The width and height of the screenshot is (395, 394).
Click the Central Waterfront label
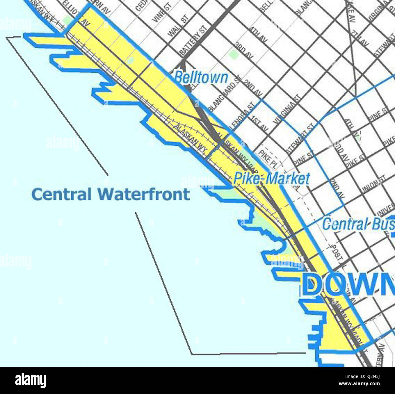(x=111, y=194)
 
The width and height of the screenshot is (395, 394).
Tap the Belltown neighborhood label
(x=201, y=77)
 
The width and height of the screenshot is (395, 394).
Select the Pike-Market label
(x=271, y=178)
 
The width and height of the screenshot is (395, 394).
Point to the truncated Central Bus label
(x=358, y=225)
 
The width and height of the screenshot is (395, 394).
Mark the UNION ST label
(x=373, y=184)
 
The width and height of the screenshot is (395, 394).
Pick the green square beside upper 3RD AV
(x=233, y=54)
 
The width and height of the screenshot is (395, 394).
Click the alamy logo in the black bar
(x=30, y=380)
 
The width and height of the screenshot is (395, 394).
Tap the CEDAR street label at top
(x=139, y=5)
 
